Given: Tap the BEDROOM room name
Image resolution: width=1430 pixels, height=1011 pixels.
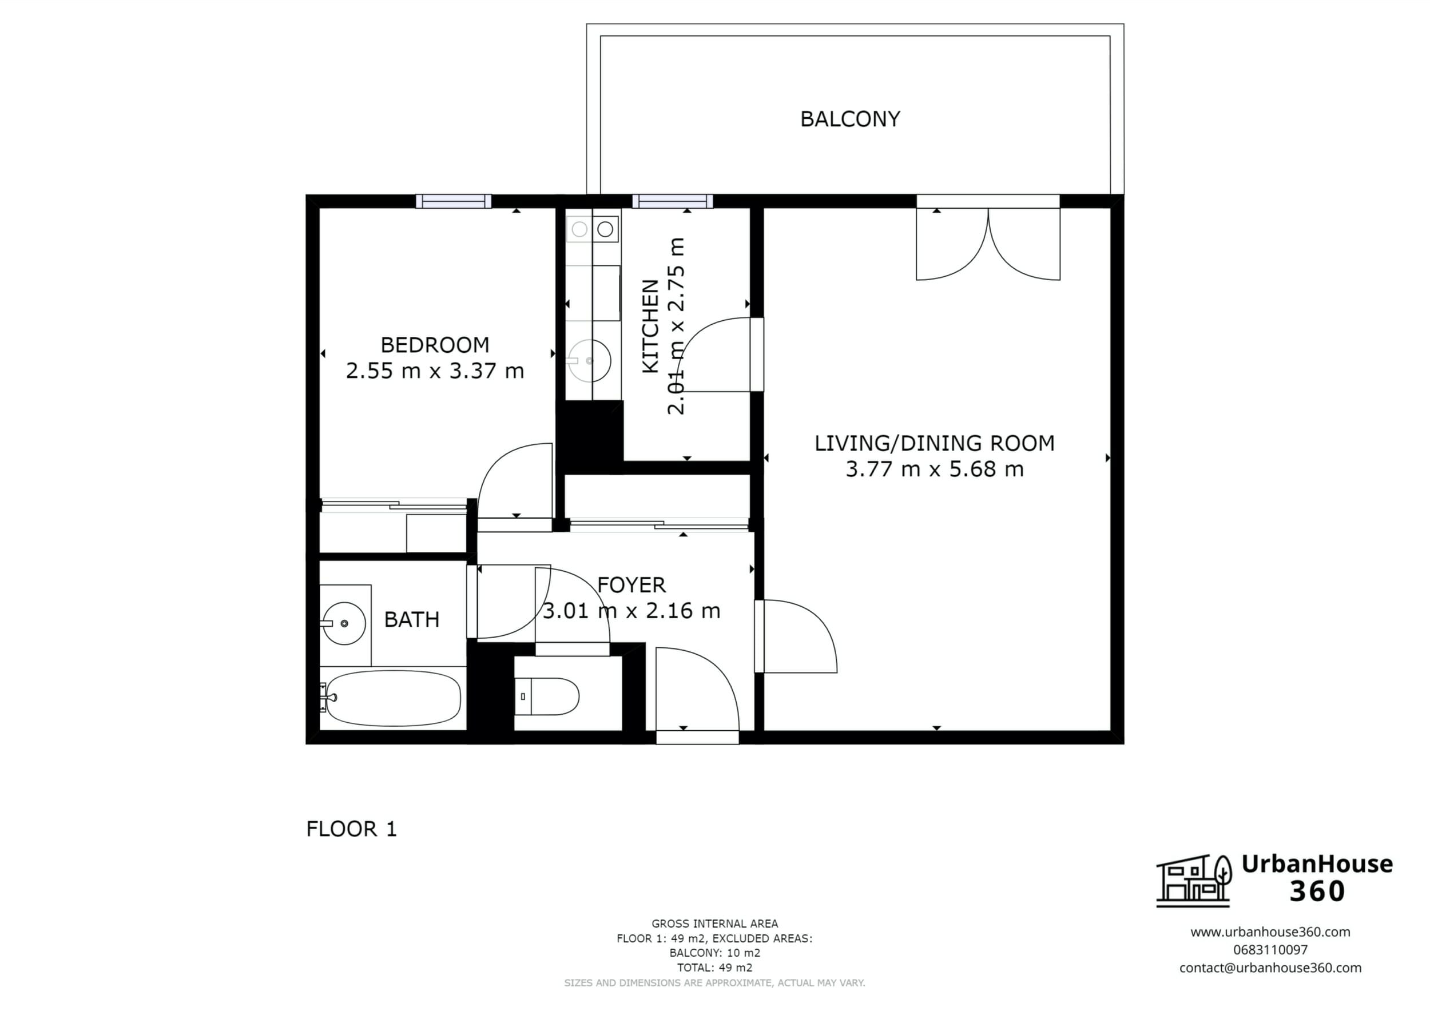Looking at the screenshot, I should tap(435, 345).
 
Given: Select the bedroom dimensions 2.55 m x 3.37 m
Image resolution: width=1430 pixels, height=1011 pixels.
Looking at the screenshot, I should tap(435, 371).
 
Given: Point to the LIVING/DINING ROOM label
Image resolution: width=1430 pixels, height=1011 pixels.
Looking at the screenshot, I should tap(934, 443).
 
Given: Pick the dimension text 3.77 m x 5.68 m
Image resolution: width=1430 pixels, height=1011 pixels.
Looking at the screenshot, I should tap(934, 469).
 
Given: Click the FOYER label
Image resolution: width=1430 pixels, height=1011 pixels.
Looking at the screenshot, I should tap(631, 584).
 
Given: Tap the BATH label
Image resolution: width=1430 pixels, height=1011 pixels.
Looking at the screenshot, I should tap(412, 619).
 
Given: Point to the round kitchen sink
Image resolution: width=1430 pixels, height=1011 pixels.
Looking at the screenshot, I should tap(589, 360).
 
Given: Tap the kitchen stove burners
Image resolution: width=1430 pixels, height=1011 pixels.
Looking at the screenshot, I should tap(592, 229).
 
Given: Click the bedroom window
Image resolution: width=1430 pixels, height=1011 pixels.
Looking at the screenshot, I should tap(454, 201).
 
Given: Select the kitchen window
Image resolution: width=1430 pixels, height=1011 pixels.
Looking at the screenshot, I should tap(672, 201).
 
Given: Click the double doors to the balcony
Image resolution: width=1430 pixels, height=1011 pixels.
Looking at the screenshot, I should tap(988, 243).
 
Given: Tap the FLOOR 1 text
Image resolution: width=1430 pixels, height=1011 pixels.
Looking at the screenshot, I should tap(351, 829).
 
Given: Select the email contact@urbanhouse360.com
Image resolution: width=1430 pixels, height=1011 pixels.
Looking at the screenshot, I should tap(1270, 968).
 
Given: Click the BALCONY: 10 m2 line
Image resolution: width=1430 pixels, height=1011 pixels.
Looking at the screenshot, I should tap(714, 953).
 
